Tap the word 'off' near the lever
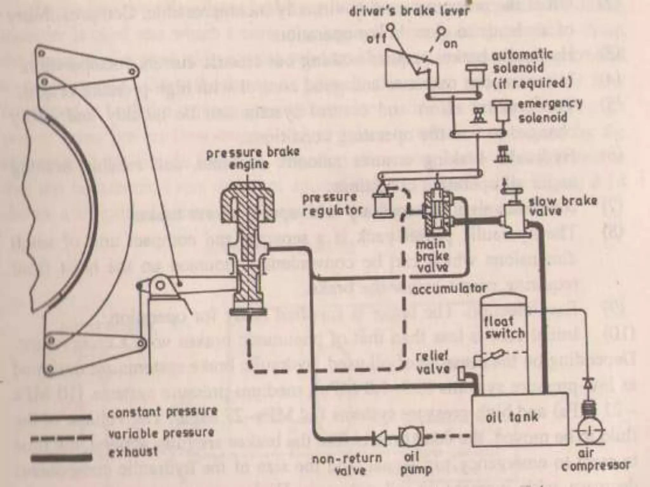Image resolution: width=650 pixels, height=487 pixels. click(377, 39)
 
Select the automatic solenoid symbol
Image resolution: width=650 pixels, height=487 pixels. click(476, 74)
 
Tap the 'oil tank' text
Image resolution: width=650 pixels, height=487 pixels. click(512, 416)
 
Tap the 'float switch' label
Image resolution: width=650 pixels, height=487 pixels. click(504, 327)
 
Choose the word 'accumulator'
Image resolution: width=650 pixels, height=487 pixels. click(449, 289)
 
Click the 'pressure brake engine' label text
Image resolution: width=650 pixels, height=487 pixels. click(253, 158)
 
